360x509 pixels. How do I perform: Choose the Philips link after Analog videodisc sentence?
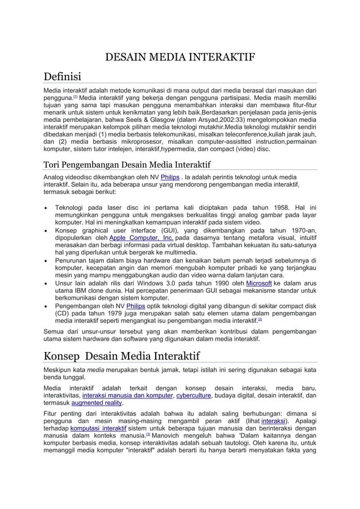[170, 177]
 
